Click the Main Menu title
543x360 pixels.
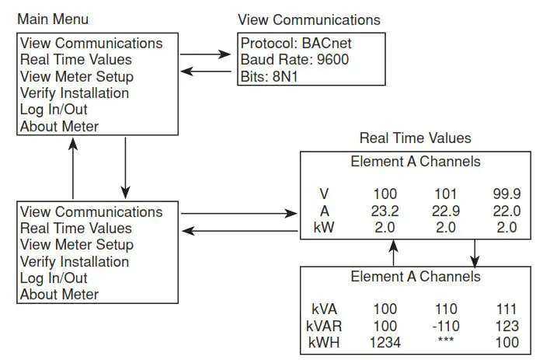coord(53,19)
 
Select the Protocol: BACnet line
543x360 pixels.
coord(295,43)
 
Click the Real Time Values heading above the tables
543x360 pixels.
coord(415,138)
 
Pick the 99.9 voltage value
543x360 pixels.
coord(506,194)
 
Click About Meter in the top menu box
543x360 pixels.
coord(59,126)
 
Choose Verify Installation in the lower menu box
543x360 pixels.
coord(75,261)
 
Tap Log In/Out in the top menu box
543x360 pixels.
coord(54,110)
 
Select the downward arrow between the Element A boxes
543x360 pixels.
coord(475,252)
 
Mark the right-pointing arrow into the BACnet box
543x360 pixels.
coord(206,55)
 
